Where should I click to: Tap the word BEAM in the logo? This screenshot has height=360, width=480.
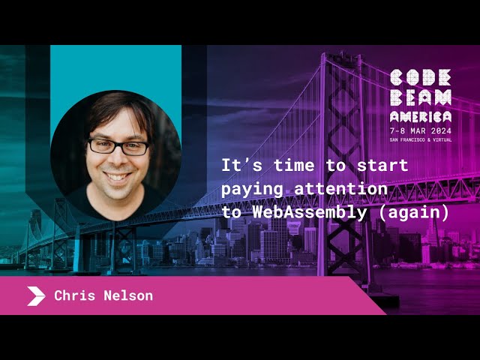click(x=420, y=97)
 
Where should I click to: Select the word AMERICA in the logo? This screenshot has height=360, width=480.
click(x=420, y=116)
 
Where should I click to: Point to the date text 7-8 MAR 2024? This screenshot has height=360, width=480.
click(x=420, y=130)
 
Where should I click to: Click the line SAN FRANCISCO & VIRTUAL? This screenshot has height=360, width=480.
click(x=420, y=139)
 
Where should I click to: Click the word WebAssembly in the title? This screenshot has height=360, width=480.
click(x=312, y=211)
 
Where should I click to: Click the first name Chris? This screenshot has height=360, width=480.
click(x=75, y=295)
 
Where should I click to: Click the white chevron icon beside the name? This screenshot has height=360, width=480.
click(x=36, y=296)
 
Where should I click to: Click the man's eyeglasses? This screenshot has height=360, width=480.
click(x=118, y=146)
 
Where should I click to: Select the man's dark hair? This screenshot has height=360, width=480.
click(x=116, y=109)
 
